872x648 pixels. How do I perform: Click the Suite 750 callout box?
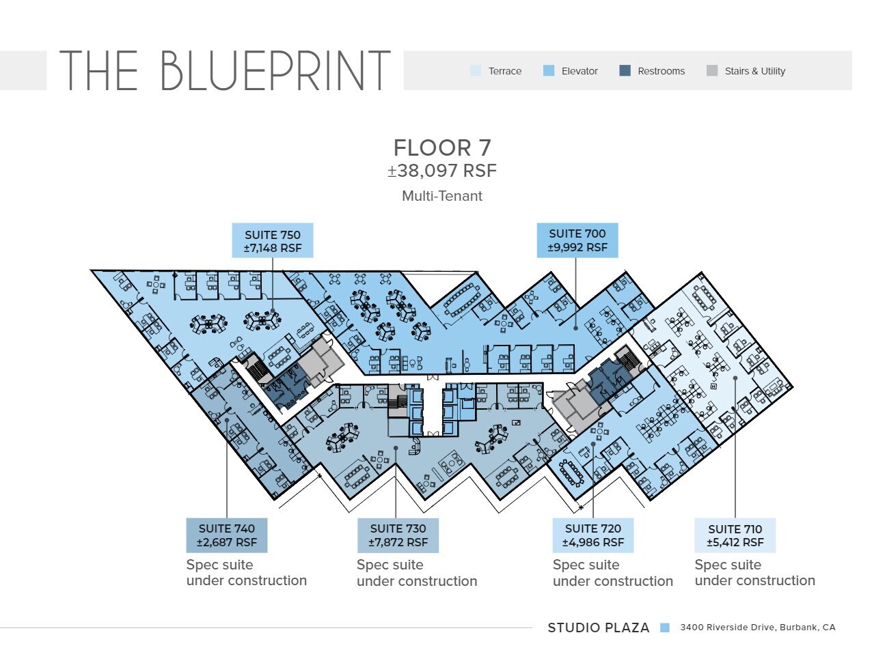click(x=273, y=240)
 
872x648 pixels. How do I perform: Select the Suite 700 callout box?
click(x=577, y=240)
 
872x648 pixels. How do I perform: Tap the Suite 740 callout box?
click(x=227, y=535)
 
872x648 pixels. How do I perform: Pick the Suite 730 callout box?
click(x=398, y=535)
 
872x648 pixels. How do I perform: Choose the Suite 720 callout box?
click(x=593, y=535)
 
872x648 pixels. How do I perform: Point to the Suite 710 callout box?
click(x=735, y=535)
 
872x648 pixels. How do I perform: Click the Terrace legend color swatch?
click(x=476, y=71)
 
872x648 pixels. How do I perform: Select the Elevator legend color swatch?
click(x=549, y=71)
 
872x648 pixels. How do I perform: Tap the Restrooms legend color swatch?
click(x=625, y=71)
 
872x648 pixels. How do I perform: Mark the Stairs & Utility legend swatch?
click(x=712, y=71)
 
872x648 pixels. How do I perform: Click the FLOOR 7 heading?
click(x=442, y=148)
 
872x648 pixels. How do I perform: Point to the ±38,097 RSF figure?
click(x=442, y=171)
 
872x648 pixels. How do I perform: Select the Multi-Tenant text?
click(x=442, y=196)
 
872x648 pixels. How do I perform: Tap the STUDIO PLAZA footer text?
click(x=599, y=628)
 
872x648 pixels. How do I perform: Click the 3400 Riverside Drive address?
click(x=758, y=628)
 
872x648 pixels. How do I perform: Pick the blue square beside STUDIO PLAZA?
click(x=665, y=628)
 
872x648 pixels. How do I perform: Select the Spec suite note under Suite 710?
click(x=755, y=573)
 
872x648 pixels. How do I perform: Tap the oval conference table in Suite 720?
click(x=571, y=473)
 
